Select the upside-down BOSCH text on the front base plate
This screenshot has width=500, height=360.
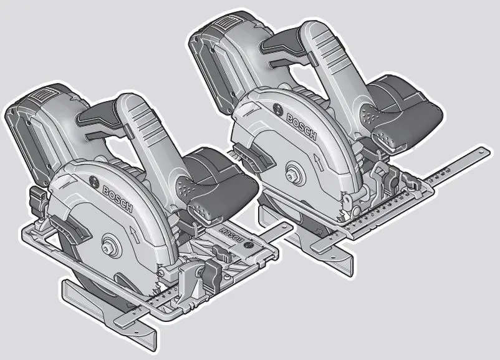[231, 237]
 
